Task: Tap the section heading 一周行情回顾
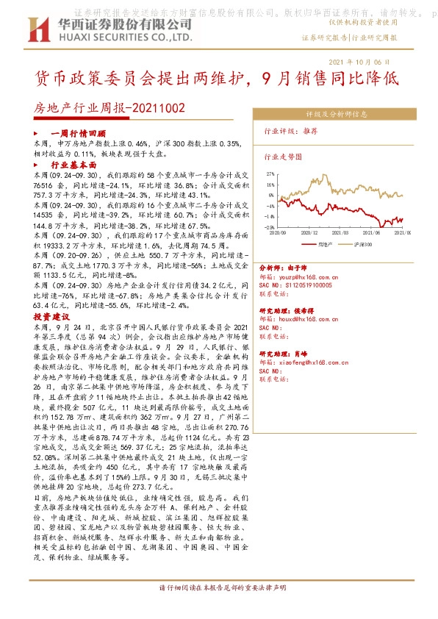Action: coord(71,133)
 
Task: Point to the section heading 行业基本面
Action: coord(73,167)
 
